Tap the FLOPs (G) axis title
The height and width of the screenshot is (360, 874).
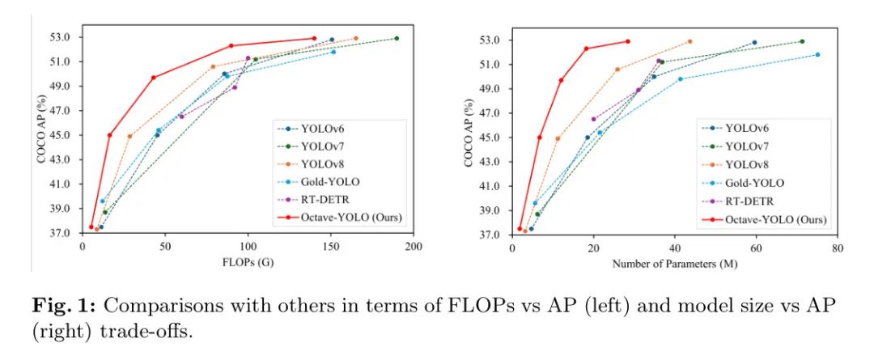pyautogui.click(x=248, y=263)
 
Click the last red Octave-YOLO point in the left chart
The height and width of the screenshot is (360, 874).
pyautogui.click(x=314, y=38)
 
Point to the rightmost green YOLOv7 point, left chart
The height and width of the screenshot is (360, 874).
pyautogui.click(x=397, y=38)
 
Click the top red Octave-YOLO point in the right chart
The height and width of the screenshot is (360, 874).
pyautogui.click(x=627, y=41)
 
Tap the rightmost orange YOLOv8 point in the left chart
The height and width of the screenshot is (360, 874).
pyautogui.click(x=355, y=38)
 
